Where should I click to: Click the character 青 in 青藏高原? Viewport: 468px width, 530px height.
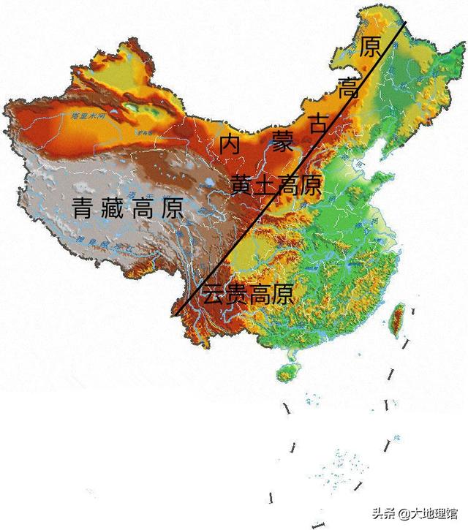point(86,208)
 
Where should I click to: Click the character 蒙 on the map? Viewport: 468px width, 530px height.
point(280,137)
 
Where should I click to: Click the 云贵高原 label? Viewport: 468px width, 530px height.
point(249,295)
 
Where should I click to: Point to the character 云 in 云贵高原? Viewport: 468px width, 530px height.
point(214,295)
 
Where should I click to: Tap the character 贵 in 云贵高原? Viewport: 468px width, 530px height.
point(237,295)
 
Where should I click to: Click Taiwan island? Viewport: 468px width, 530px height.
point(398,319)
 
